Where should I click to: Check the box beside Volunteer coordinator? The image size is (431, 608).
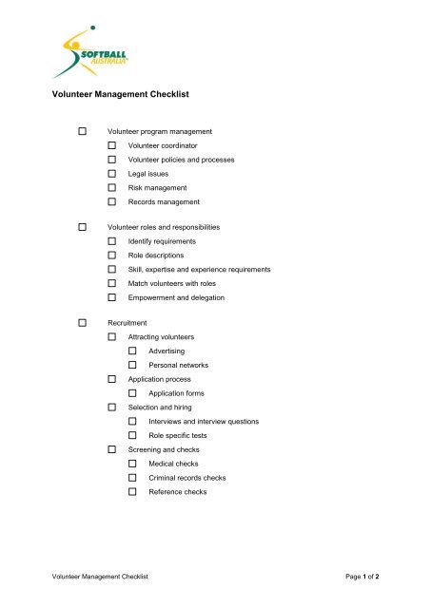tap(112, 145)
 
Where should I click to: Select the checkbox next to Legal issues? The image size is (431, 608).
tap(112, 174)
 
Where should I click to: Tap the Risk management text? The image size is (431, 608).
tap(158, 188)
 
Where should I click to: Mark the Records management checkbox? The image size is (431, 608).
tap(112, 202)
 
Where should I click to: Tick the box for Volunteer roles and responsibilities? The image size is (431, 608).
tap(85, 227)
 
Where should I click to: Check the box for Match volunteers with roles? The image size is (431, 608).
tap(112, 283)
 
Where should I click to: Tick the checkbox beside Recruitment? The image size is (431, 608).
tap(85, 323)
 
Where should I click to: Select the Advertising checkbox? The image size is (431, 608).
tap(133, 351)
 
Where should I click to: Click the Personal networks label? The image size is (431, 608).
tap(179, 365)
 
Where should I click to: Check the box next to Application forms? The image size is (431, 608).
tap(133, 392)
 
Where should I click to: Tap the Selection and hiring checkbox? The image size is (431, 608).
tap(112, 407)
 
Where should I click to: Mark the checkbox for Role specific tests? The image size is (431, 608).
tap(133, 435)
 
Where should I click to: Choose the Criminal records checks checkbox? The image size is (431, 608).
tap(133, 478)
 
